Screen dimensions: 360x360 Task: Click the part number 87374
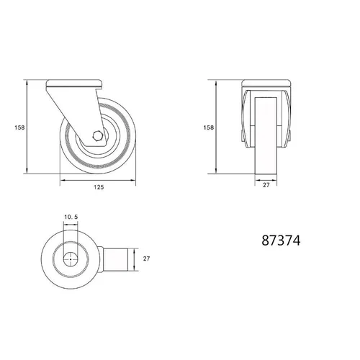pyautogui.click(x=281, y=240)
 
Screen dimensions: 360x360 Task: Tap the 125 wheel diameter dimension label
pyautogui.click(x=99, y=187)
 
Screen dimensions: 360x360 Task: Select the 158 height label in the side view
pyautogui.click(x=19, y=127)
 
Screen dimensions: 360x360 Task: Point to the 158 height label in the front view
pyautogui.click(x=208, y=127)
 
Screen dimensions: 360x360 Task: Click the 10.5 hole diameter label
pyautogui.click(x=71, y=217)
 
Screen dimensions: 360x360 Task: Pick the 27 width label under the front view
pyautogui.click(x=266, y=185)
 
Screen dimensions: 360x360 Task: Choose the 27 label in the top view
pyautogui.click(x=146, y=258)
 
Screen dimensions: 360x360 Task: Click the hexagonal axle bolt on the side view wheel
pyautogui.click(x=98, y=136)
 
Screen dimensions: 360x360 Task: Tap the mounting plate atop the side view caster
pyautogui.click(x=74, y=84)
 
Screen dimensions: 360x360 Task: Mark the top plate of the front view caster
pyautogui.click(x=266, y=83)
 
